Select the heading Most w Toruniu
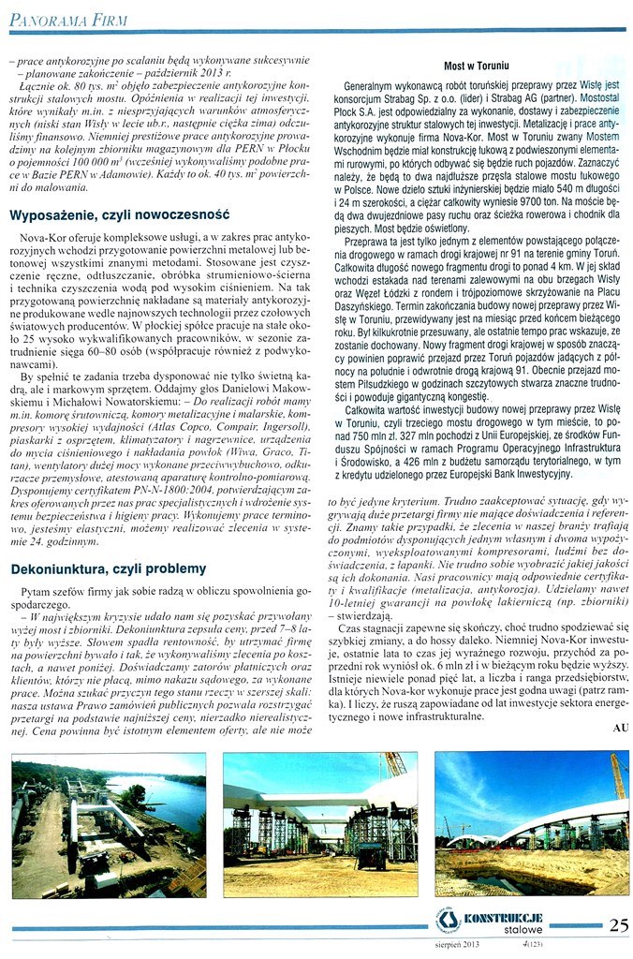pos(476,66)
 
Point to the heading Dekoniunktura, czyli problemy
pos(108,568)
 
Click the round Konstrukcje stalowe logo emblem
pos(449,923)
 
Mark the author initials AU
pos(619,726)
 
